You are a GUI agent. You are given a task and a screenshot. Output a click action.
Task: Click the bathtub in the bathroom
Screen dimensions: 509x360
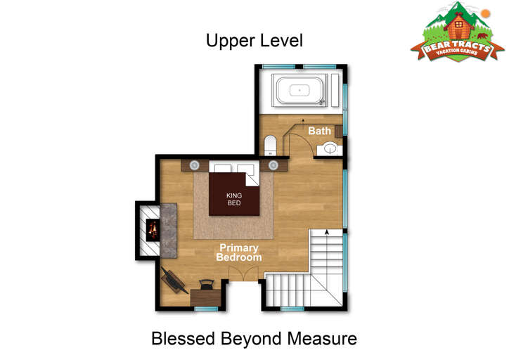(299, 90)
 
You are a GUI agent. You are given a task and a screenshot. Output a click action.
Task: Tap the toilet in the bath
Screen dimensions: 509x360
(270, 146)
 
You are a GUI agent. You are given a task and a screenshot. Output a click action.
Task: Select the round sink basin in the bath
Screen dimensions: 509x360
(330, 148)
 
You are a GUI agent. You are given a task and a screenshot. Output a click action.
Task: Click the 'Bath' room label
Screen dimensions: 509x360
(319, 131)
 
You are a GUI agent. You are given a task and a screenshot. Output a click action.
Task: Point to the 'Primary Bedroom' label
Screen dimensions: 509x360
(239, 252)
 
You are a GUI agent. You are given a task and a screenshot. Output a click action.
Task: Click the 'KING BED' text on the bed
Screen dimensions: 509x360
(234, 199)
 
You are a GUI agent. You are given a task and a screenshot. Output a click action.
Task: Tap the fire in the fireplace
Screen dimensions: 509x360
(153, 230)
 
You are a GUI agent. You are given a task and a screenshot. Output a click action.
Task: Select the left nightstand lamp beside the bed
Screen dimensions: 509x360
(195, 165)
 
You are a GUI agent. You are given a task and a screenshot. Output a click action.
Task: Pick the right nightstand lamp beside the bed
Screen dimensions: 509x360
(273, 165)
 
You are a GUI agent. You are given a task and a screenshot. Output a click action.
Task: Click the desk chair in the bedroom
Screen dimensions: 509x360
(207, 284)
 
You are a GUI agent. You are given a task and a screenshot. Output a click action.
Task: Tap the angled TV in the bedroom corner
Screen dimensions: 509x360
(174, 280)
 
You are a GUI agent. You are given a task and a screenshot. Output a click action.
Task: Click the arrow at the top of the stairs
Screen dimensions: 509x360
(327, 232)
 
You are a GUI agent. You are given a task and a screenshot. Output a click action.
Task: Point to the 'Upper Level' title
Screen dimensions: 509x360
(254, 41)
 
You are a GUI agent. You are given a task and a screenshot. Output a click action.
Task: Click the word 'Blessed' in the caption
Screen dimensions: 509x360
(183, 338)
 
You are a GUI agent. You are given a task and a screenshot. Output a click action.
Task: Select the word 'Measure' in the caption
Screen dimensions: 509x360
(322, 338)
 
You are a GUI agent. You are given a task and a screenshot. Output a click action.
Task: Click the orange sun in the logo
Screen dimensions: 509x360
(486, 13)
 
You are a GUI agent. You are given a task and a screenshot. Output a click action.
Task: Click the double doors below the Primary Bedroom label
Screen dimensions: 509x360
(243, 274)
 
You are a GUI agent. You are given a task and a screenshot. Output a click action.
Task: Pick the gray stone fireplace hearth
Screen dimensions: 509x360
(169, 231)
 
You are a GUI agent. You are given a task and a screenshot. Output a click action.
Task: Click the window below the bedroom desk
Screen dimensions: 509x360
(207, 309)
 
